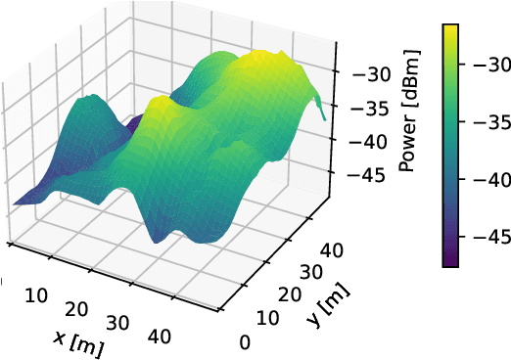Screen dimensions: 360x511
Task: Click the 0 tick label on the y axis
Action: [x=245, y=341]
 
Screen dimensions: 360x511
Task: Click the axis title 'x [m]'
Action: [x=79, y=341]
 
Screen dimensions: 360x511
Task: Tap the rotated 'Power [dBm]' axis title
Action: [x=408, y=122]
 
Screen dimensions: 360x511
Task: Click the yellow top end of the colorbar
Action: [x=449, y=29]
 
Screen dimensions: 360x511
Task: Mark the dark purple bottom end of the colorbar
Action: [x=449, y=288]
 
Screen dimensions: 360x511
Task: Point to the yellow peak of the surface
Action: [x=258, y=61]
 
